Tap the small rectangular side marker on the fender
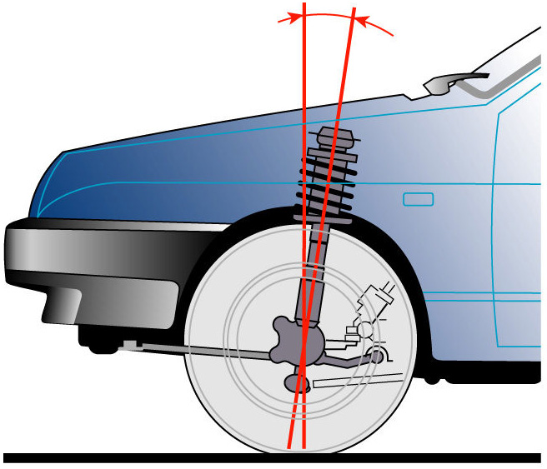418,199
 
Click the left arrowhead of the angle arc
290,17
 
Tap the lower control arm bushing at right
379,357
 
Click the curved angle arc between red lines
334,14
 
